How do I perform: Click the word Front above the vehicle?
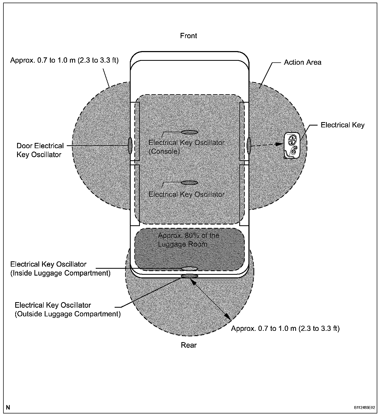coord(189,36)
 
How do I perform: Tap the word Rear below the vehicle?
coord(189,345)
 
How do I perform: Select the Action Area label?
coord(302,62)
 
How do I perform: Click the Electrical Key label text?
coord(342,125)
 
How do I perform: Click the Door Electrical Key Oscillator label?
coord(40,150)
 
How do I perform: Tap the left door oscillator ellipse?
coord(130,146)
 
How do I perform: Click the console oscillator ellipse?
coord(189,132)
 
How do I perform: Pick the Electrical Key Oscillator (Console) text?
coord(186,147)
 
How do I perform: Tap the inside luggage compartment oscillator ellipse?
coord(190,269)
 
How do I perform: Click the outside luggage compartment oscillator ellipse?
coord(190,276)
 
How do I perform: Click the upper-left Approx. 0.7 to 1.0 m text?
coord(64,60)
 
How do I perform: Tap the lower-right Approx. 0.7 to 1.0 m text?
coord(285,328)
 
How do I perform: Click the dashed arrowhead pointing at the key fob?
coord(279,144)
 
